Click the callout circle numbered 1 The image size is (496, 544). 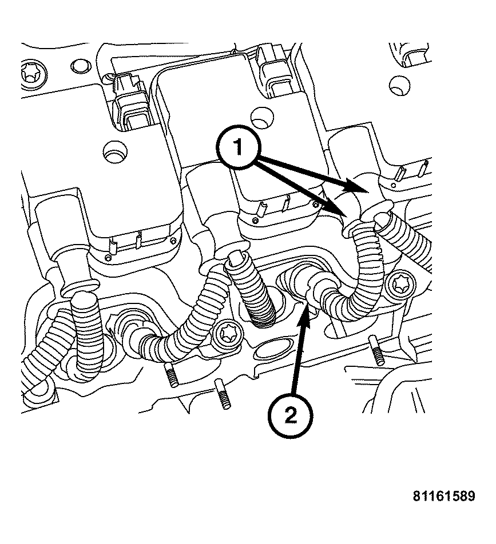(238, 147)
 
